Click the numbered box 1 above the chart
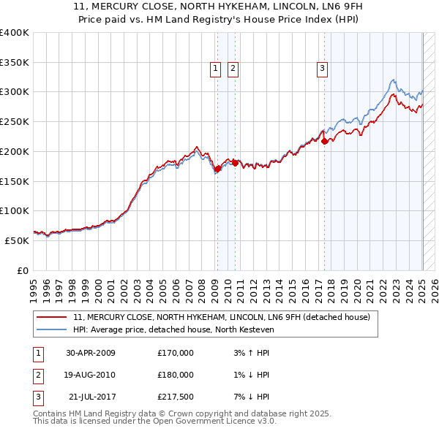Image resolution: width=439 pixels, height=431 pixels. pyautogui.click(x=216, y=69)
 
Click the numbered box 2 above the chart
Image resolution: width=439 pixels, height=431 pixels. pyautogui.click(x=233, y=69)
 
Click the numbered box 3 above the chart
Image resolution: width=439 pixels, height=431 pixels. pyautogui.click(x=323, y=69)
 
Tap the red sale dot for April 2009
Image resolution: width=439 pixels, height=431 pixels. pyautogui.click(x=217, y=169)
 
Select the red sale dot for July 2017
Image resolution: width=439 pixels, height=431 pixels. pyautogui.click(x=324, y=142)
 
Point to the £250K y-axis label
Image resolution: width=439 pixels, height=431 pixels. pyautogui.click(x=15, y=122)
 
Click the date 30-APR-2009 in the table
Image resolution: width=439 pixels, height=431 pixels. pyautogui.click(x=90, y=353)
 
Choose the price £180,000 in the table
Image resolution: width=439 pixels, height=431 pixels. pyautogui.click(x=176, y=375)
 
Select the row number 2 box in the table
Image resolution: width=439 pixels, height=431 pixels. pyautogui.click(x=37, y=375)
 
